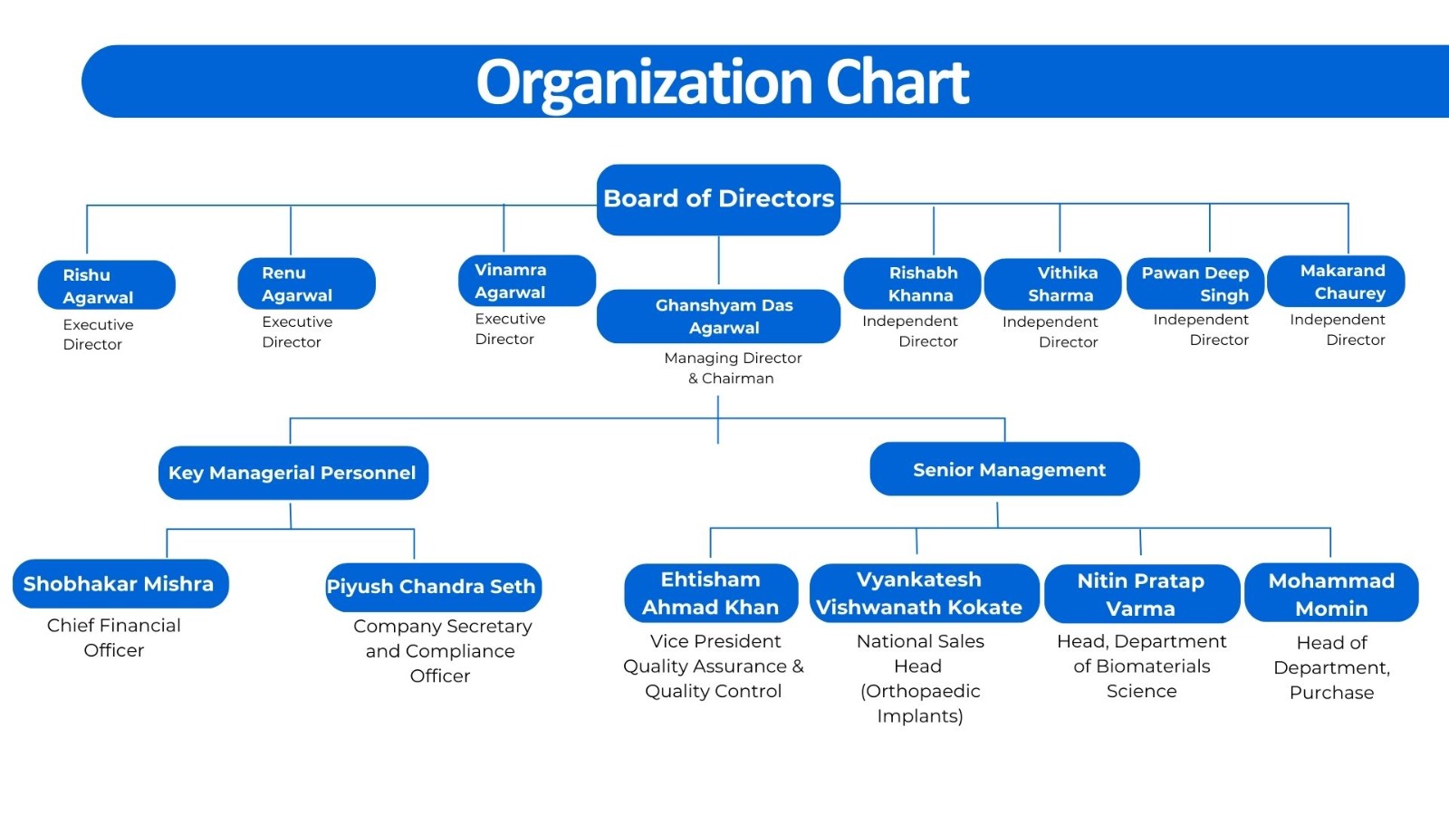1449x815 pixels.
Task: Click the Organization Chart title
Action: [723, 82]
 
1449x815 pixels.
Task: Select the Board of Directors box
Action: [719, 199]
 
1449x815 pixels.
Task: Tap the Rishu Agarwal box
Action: [107, 285]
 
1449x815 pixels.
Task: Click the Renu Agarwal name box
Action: [307, 284]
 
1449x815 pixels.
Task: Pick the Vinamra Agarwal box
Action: [527, 281]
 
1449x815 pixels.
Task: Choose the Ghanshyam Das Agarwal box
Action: [719, 316]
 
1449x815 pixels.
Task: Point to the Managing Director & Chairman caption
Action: [733, 368]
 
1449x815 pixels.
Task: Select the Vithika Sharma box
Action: [1053, 284]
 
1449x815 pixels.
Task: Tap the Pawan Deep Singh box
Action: [1195, 284]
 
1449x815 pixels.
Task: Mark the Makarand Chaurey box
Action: [1336, 282]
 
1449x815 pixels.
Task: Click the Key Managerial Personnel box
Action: [293, 473]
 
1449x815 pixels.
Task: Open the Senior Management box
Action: [1004, 469]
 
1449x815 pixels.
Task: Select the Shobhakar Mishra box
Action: [120, 584]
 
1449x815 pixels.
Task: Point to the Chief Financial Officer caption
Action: [114, 638]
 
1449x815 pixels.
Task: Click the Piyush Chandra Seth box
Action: [434, 588]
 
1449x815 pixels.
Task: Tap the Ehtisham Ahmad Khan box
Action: [711, 593]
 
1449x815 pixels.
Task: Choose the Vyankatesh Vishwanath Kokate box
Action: [925, 593]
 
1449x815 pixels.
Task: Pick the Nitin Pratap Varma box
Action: [1142, 594]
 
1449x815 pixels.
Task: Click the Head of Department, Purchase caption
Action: [1332, 667]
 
